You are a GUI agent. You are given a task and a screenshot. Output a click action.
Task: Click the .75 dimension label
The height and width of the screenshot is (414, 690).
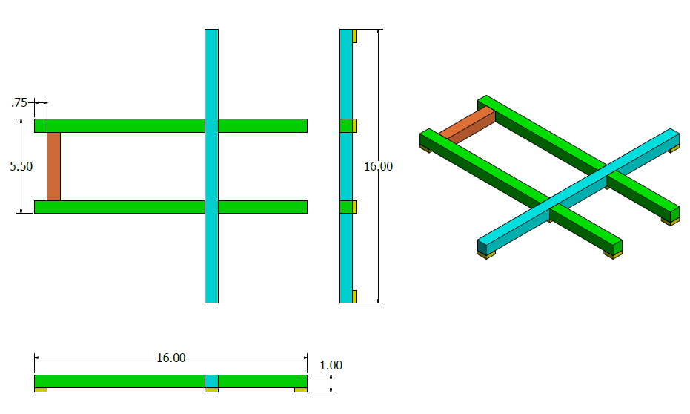click(20, 103)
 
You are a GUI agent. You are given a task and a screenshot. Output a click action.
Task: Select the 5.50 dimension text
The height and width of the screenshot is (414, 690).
click(21, 167)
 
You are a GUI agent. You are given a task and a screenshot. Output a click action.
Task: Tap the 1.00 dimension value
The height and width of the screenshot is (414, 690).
click(331, 365)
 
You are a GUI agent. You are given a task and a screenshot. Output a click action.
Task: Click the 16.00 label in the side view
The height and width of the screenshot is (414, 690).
click(378, 167)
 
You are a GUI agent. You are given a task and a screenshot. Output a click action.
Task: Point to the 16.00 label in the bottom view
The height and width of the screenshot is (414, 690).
click(170, 358)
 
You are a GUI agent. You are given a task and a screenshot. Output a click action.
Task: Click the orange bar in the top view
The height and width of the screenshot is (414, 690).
click(53, 166)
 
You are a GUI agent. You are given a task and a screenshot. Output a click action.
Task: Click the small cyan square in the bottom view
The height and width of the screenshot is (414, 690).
click(211, 381)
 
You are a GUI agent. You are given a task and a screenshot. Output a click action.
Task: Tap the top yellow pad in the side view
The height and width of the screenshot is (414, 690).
click(355, 36)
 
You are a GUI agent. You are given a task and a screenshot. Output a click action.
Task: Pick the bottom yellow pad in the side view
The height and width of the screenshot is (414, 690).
click(355, 296)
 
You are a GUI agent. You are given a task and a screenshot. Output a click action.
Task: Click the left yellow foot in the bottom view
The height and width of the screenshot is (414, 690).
click(41, 390)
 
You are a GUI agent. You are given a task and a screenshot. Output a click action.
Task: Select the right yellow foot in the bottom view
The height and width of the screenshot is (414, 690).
click(300, 390)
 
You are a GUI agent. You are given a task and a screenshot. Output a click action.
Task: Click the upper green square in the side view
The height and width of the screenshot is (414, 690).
click(345, 125)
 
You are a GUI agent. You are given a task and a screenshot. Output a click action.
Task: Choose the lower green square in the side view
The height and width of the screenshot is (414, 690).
click(345, 207)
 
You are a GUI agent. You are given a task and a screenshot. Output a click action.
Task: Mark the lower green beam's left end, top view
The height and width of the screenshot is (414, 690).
click(42, 207)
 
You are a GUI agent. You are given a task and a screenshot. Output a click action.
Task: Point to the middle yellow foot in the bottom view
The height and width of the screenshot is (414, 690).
click(211, 390)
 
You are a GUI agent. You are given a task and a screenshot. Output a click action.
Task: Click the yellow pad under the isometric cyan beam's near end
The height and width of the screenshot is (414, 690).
click(485, 254)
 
